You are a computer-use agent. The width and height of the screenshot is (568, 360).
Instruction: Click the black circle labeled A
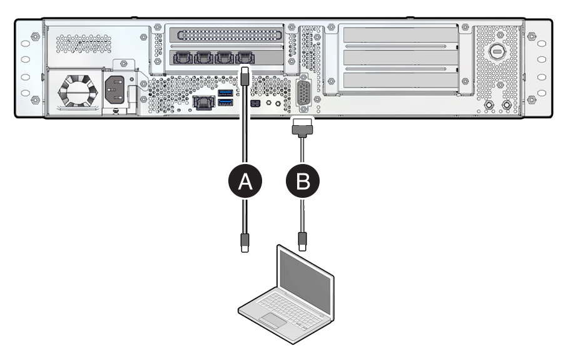(x=245, y=182)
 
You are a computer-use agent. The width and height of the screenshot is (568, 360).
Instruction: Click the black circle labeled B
(x=303, y=182)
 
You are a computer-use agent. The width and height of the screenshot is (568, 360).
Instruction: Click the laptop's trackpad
(x=273, y=320)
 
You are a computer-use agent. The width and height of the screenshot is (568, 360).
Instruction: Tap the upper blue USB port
(x=225, y=93)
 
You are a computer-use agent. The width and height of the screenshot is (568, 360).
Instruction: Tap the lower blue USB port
(x=225, y=103)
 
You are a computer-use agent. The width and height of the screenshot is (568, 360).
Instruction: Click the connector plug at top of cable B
(x=303, y=130)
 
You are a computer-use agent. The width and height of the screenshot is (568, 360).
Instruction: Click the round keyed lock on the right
(x=498, y=50)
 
